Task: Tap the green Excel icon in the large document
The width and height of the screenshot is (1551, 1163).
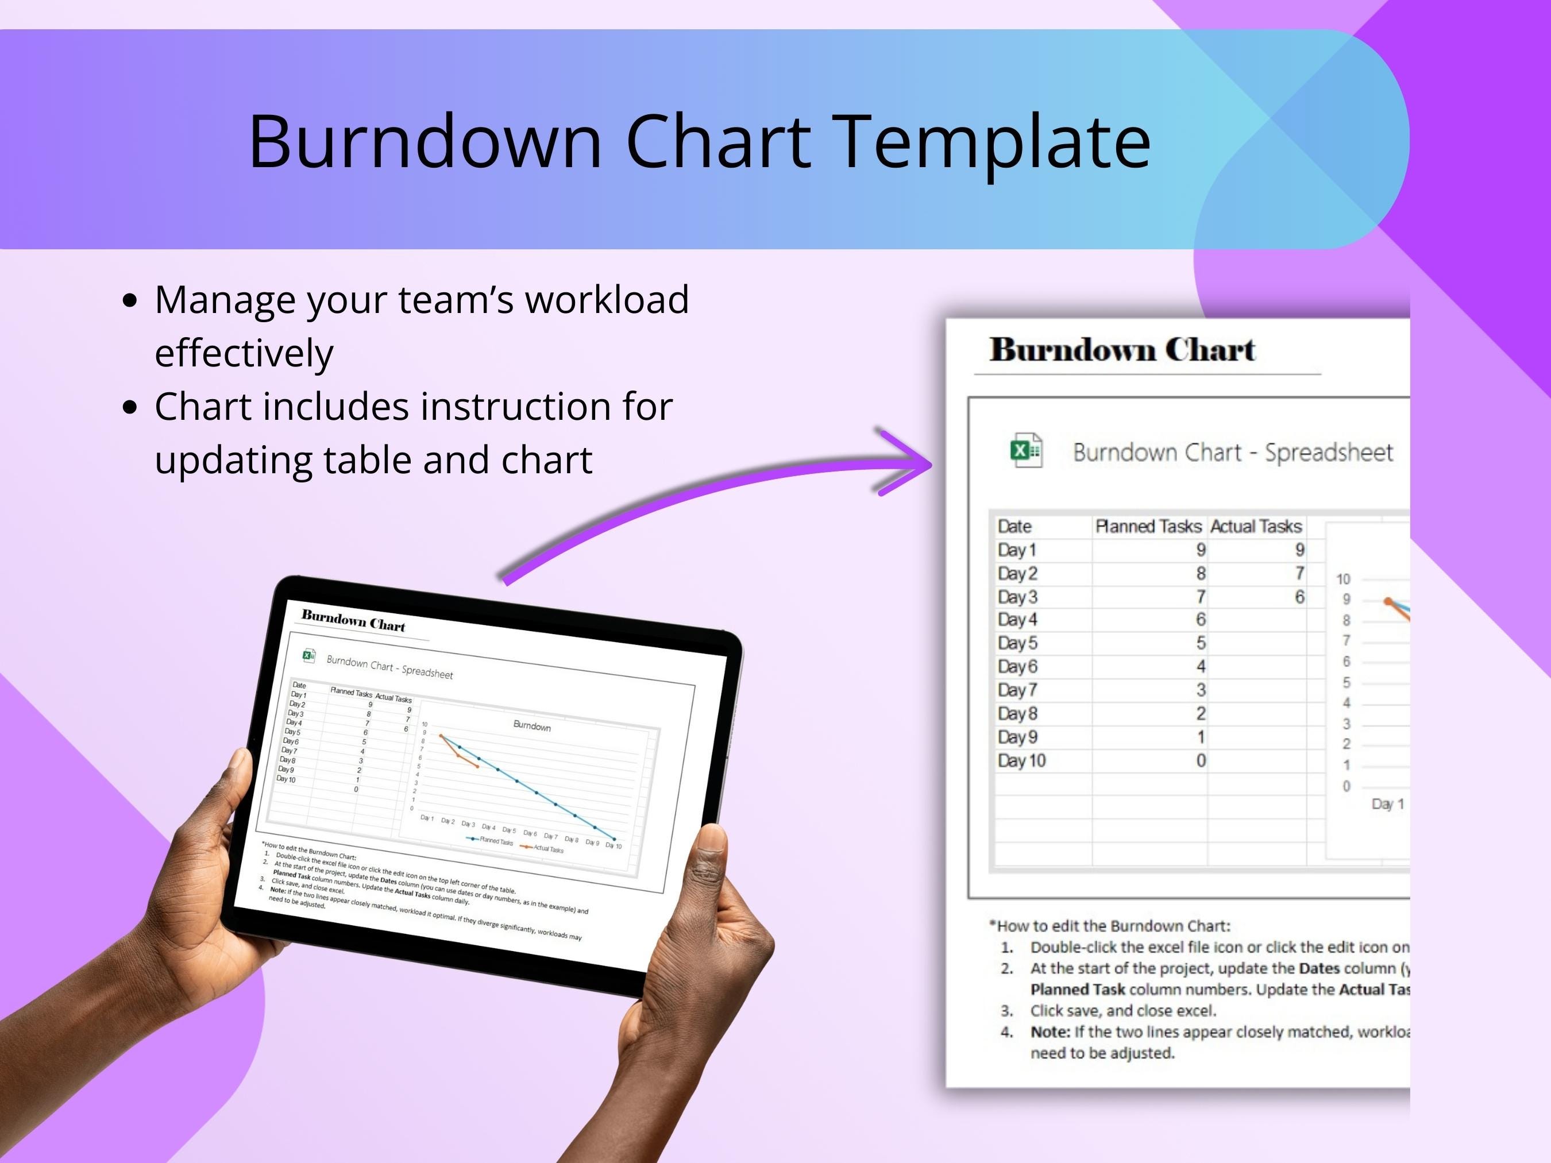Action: pos(1026,451)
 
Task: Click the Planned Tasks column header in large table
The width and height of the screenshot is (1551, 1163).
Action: pos(1148,527)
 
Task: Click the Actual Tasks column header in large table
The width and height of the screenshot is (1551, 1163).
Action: pos(1256,527)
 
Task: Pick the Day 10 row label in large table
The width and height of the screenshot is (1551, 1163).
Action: pos(1021,760)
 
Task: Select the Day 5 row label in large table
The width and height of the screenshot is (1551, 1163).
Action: pos(1017,643)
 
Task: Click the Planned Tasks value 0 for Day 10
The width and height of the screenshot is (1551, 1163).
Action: pos(1201,760)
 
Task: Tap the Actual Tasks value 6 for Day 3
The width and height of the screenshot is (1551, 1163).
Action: pos(1299,597)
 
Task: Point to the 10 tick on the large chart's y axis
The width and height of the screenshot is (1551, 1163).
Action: pos(1342,579)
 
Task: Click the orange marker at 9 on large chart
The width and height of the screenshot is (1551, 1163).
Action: pos(1388,601)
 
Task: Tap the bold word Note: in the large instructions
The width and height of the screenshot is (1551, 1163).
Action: pos(1050,1032)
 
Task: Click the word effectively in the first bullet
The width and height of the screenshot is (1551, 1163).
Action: pos(244,353)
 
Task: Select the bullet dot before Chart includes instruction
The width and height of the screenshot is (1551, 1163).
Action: pos(130,407)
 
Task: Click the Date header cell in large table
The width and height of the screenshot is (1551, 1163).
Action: pos(1014,527)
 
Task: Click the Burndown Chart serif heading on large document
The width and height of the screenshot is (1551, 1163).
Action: pos(1121,350)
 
